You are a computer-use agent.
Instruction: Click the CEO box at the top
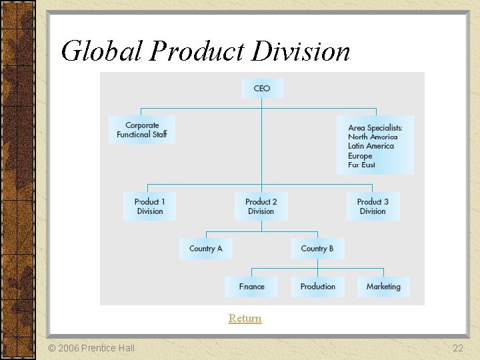click(x=262, y=89)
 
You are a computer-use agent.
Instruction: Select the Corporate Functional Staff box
click(x=142, y=129)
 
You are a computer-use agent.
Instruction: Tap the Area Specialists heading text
click(x=375, y=127)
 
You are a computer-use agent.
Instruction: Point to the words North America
click(x=373, y=137)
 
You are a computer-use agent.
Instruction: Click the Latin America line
click(x=371, y=146)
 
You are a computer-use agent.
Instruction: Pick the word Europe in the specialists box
click(x=360, y=155)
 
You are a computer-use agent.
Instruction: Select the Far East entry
click(x=361, y=165)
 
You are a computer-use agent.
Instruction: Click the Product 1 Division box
click(x=150, y=206)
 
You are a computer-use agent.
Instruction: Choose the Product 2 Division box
click(x=261, y=206)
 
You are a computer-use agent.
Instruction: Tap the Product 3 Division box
click(x=373, y=206)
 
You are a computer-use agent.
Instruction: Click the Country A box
click(x=206, y=249)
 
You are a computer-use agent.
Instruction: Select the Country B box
click(x=317, y=249)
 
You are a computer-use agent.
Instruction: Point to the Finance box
click(x=252, y=287)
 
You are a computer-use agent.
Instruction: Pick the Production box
click(x=317, y=287)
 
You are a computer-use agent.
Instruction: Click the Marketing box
click(x=383, y=287)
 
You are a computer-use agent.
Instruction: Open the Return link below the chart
click(x=245, y=319)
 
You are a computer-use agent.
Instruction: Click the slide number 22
click(x=457, y=348)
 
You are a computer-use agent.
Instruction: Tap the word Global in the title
click(x=101, y=51)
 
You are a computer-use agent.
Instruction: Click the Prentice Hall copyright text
click(x=91, y=348)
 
